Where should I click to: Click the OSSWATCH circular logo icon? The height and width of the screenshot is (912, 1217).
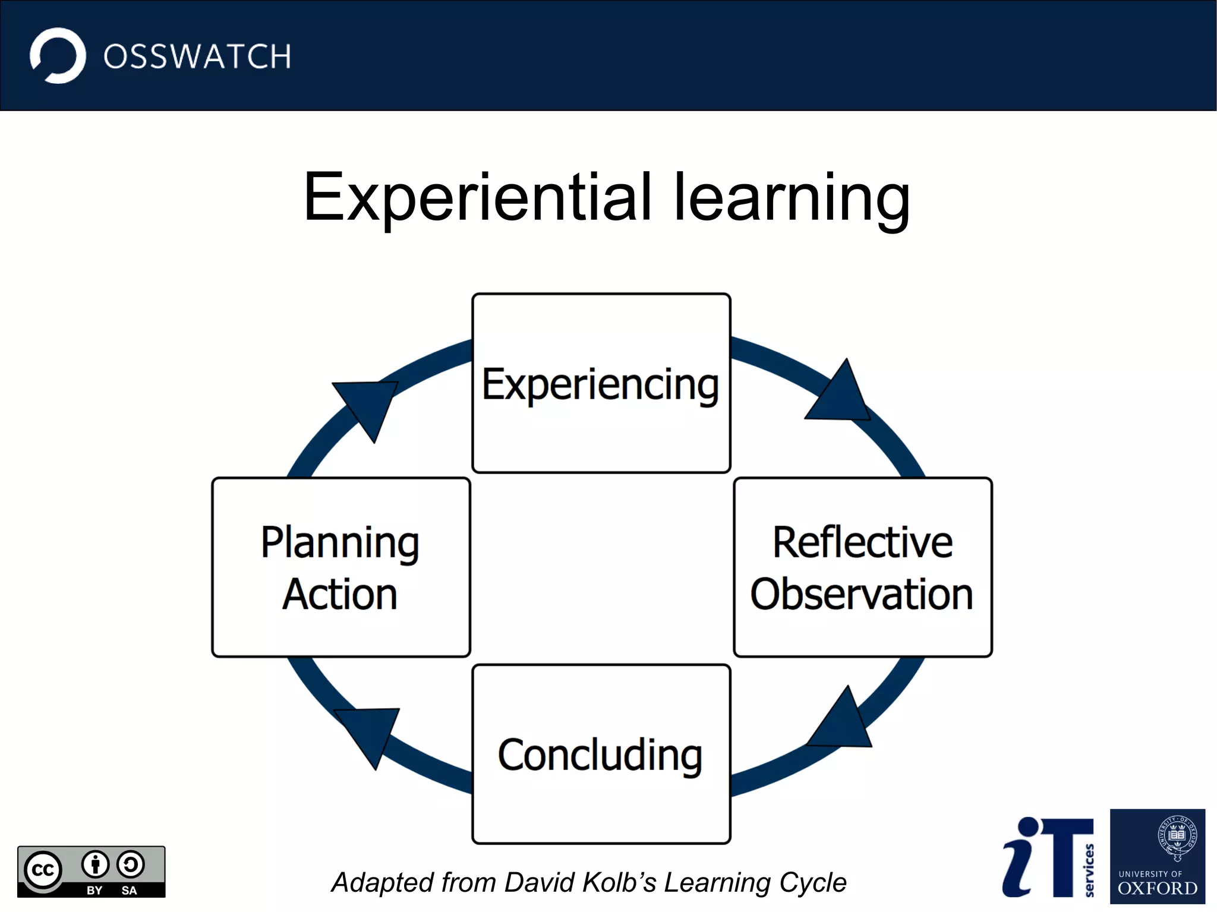[58, 56]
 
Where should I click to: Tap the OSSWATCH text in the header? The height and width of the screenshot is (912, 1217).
[197, 57]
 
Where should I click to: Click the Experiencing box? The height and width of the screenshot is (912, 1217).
[601, 383]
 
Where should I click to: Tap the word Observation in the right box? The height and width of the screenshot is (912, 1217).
[862, 594]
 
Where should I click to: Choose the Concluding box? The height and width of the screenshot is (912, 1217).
[601, 755]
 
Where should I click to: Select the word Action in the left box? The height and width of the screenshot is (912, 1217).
[340, 594]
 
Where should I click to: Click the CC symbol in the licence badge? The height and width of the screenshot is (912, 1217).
[43, 870]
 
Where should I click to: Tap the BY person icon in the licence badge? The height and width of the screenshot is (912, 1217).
[95, 864]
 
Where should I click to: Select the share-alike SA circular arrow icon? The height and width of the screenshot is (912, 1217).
[131, 864]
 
